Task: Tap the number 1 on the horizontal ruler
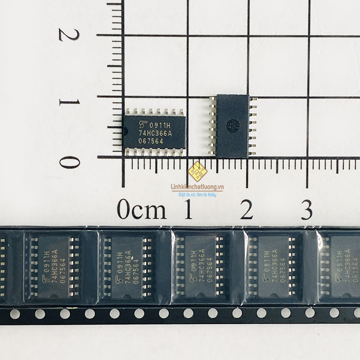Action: pos(188,210)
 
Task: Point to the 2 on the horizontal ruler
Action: pos(247,210)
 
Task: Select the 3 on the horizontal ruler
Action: pos(306,210)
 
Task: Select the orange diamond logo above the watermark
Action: pos(197,171)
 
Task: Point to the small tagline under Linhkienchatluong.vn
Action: pos(197,195)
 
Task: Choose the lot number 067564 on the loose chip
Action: pos(150,141)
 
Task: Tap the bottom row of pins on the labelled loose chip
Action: pos(154,152)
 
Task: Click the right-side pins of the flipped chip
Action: pos(252,126)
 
